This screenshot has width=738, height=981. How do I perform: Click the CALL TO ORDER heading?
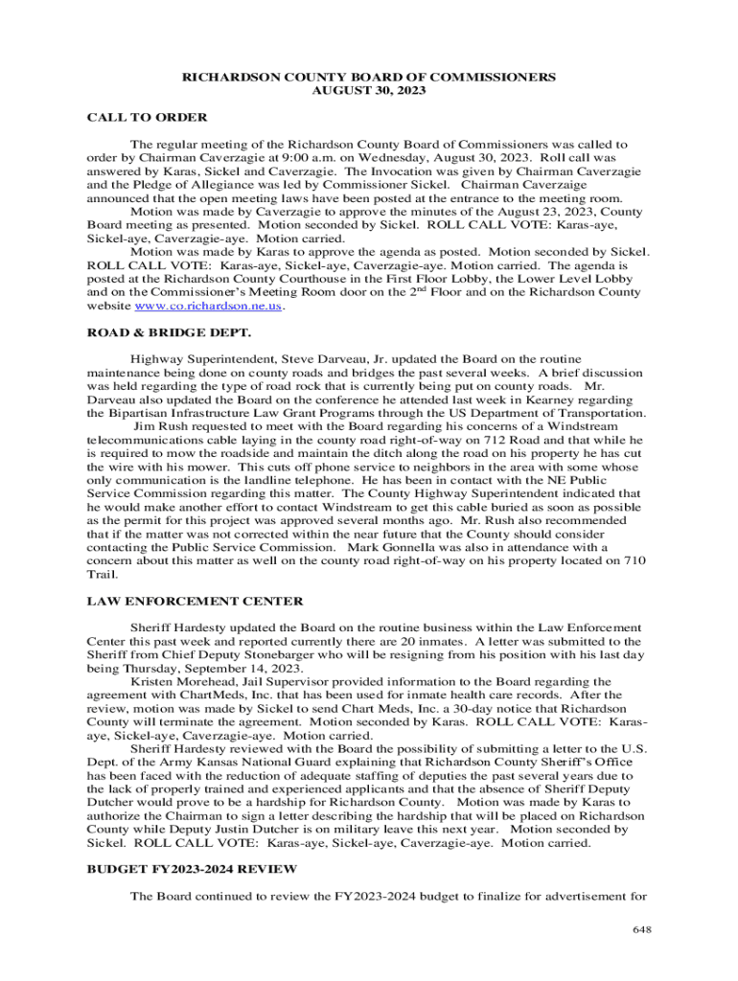[147, 117]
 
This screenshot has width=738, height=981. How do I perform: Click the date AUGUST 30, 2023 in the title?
[369, 90]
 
